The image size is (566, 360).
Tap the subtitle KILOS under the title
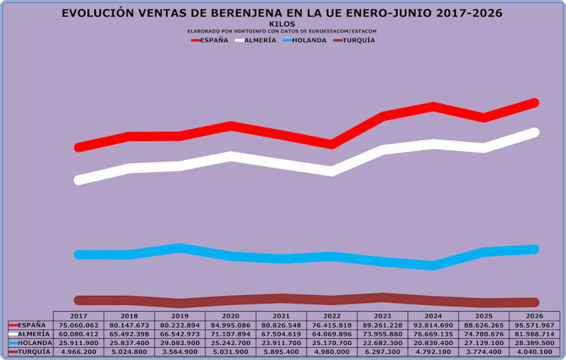[282, 24]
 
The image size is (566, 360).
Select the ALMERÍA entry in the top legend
[256, 40]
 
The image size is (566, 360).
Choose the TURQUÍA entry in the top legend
[355, 40]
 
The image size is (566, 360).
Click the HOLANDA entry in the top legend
[305, 40]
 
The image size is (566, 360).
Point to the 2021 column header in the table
[281, 316]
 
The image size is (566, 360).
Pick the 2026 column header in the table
[534, 316]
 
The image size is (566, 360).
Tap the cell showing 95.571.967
[534, 325]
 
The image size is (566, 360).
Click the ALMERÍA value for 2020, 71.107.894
[230, 334]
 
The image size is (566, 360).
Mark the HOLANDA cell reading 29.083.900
[180, 343]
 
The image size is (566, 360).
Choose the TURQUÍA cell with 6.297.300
[383, 352]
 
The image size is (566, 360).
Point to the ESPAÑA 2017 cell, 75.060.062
[78, 325]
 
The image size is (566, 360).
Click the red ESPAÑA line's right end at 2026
[534, 103]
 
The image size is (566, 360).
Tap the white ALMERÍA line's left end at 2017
[78, 180]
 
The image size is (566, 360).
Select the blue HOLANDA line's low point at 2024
[433, 266]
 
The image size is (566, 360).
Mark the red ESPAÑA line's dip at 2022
[332, 144]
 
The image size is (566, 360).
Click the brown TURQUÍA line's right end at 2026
[534, 302]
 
